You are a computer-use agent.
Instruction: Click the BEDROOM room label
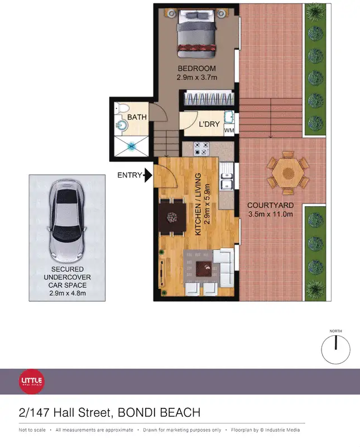[196, 69]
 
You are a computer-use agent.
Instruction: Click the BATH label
[137, 117]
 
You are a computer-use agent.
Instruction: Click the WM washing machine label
[229, 131]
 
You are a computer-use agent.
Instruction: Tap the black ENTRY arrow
[148, 175]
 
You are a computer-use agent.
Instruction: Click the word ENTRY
[129, 175]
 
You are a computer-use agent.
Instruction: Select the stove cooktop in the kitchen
[201, 149]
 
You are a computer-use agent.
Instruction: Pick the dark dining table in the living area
[171, 216]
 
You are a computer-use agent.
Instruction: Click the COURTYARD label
[270, 205]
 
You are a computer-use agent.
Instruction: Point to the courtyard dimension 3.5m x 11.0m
[270, 215]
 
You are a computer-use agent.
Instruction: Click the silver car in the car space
[67, 218]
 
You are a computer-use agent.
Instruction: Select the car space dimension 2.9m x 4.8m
[67, 293]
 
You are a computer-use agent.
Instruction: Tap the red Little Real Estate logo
[32, 382]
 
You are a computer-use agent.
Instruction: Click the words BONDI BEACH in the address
[159, 413]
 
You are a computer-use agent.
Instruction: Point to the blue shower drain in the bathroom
[133, 146]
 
